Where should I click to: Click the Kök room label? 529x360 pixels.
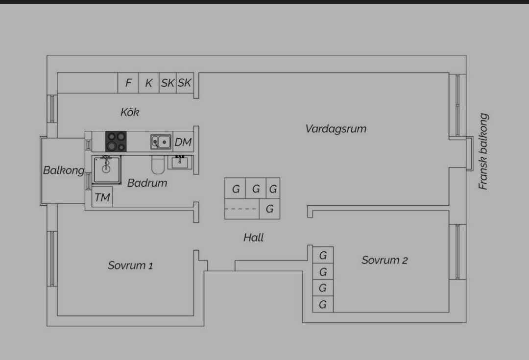(130, 112)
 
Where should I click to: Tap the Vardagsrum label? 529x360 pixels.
(336, 129)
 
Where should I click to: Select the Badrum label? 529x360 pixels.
(147, 183)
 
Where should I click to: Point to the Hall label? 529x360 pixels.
(254, 238)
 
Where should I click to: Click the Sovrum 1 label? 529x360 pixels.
(130, 265)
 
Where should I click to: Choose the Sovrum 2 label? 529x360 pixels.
(385, 260)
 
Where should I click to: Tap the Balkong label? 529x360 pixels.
(63, 170)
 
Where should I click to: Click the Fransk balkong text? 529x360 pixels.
(483, 152)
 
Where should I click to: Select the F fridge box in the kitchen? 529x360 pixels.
(128, 83)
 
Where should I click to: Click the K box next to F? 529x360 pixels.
(148, 83)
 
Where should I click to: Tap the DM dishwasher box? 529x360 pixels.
(183, 142)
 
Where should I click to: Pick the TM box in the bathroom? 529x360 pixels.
(102, 197)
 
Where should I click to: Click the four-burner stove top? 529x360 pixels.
(117, 142)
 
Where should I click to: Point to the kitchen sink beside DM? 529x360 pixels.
(161, 142)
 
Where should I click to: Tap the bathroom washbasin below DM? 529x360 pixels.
(180, 162)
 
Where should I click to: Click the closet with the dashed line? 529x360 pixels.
(241, 209)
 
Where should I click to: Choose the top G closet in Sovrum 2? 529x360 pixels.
(323, 255)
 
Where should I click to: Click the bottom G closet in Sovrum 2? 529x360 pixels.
(323, 304)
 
